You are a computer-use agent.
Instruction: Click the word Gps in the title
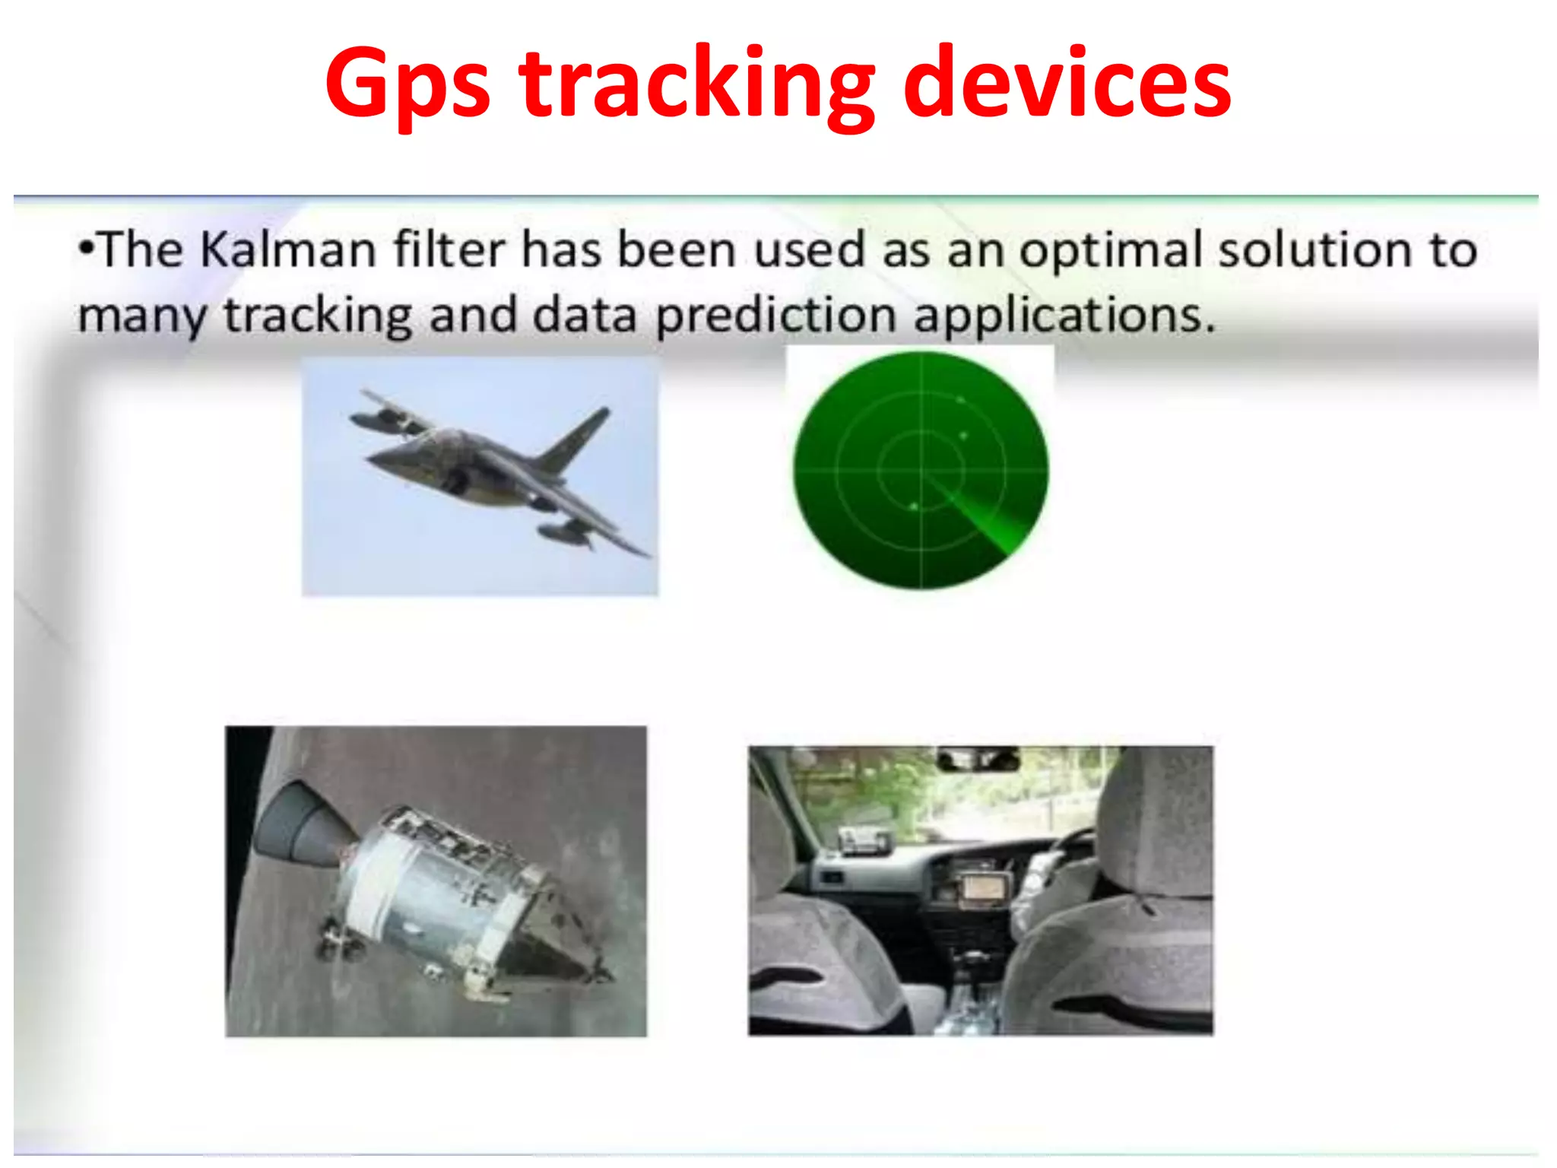[407, 84]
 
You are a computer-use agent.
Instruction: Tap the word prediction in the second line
[775, 315]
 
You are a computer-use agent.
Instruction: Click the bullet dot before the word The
[87, 248]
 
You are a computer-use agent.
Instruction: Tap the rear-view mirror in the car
[978, 759]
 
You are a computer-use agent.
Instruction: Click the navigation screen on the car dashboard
[985, 887]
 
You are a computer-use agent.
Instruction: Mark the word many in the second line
[141, 316]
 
